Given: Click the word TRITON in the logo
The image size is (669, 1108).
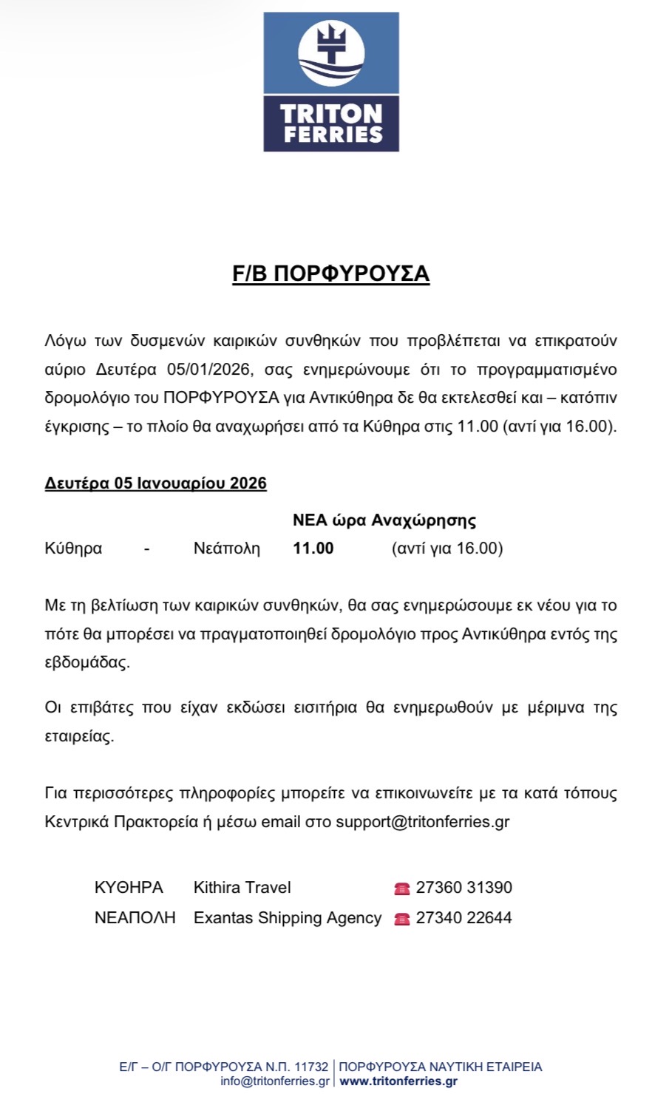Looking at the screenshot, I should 331,114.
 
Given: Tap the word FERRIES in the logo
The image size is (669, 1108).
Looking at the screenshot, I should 331,135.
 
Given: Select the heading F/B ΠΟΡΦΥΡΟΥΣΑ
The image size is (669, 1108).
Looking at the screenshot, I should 331,274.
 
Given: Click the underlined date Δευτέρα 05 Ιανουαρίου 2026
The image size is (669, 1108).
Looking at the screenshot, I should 155,483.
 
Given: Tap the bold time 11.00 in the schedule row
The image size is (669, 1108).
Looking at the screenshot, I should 313,548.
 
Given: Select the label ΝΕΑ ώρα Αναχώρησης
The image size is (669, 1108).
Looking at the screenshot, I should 384,520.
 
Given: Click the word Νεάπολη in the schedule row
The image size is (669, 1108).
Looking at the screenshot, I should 227,548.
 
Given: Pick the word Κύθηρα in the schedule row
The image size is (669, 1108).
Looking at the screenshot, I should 73,548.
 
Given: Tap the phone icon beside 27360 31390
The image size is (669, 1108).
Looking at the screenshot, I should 402,888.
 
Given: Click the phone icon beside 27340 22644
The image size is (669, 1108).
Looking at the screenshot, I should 402,919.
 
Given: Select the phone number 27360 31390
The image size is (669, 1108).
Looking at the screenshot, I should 463,888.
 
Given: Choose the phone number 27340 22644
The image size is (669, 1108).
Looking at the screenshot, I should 463,918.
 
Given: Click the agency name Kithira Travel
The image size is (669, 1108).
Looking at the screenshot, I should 242,888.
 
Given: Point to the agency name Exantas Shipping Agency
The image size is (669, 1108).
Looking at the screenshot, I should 288,918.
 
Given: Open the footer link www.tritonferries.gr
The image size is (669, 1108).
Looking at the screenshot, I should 398,1081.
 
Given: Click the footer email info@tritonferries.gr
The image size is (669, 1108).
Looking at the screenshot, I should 275,1081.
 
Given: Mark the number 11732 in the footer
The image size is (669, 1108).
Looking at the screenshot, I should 311,1067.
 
